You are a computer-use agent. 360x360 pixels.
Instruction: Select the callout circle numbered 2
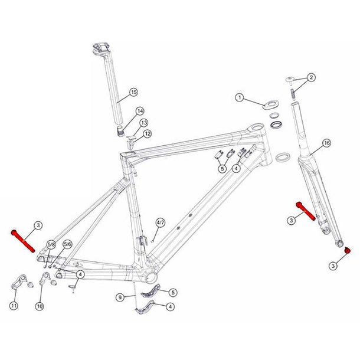[x=312, y=77]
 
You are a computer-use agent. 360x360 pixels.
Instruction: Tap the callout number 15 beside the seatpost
[x=133, y=92]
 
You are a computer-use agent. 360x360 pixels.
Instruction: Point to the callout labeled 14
[x=140, y=111]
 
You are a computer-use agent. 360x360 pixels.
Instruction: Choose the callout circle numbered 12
[x=148, y=134]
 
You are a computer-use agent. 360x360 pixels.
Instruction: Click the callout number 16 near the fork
[x=326, y=143]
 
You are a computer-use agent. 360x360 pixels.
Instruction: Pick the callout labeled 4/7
[x=161, y=223]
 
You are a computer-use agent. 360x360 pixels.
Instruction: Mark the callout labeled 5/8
[x=51, y=244]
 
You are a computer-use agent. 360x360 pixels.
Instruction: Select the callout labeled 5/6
[x=67, y=244]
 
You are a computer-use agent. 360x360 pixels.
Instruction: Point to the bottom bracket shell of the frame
[x=150, y=277]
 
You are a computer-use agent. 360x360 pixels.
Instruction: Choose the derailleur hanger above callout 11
[x=18, y=283]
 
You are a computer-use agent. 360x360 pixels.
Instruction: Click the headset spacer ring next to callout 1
[x=271, y=107]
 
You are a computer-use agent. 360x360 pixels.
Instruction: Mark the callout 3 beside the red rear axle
[x=37, y=225]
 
